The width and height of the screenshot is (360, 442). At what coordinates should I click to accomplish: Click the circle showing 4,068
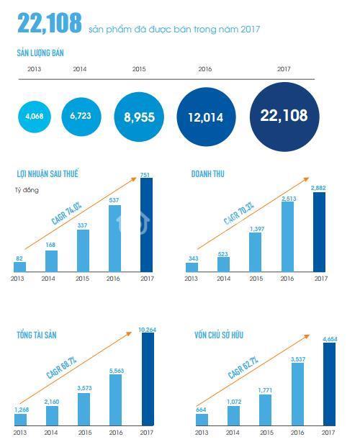coord(35,117)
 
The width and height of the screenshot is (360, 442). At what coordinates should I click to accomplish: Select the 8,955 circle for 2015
coord(139,117)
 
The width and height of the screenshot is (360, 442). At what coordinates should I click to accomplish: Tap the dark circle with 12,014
coord(206,117)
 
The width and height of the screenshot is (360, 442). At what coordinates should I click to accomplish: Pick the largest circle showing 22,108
coord(284,117)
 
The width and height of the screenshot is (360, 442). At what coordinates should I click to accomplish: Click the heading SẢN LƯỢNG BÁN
coord(40,53)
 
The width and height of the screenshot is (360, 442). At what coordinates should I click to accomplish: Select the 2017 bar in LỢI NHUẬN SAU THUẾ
coord(147,225)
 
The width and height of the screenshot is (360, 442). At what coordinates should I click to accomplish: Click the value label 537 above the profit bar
coord(114,200)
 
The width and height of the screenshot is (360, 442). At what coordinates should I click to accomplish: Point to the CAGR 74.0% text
coord(66,213)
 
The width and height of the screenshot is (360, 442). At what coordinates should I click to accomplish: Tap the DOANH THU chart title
coord(208,174)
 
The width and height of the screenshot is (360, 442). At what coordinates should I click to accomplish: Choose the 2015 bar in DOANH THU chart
coord(255,252)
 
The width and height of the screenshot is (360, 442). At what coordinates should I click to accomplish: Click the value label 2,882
coord(318,188)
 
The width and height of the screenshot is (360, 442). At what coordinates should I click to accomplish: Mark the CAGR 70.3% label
coord(239,213)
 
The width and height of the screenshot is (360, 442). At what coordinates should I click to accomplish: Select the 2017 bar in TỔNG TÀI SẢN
coord(148,379)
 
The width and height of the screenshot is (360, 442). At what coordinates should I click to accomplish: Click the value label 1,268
coord(22,410)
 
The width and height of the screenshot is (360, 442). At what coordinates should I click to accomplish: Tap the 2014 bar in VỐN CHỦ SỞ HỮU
coord(234,416)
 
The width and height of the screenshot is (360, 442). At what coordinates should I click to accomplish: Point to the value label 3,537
coord(298,359)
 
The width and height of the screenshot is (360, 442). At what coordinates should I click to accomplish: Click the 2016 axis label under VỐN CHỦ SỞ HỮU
coord(297,432)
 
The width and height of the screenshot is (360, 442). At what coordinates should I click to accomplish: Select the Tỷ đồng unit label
coord(27,190)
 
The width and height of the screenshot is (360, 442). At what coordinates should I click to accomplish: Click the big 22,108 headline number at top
coord(50,22)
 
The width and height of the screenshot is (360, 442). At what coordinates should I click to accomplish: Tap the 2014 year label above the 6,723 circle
coord(80,69)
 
